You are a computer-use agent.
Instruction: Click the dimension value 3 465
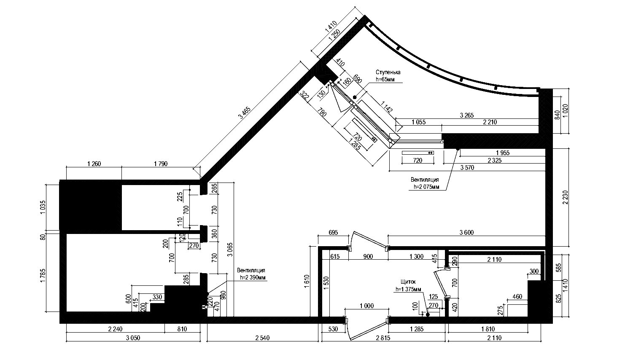pyautogui.click(x=245, y=113)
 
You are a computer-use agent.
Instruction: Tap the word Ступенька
pyautogui.click(x=388, y=72)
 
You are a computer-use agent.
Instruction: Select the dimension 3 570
pyautogui.click(x=467, y=168)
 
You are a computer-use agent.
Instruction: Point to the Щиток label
pyautogui.click(x=408, y=282)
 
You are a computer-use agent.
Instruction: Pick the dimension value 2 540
pyautogui.click(x=262, y=338)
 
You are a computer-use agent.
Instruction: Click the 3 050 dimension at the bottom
pyautogui.click(x=133, y=338)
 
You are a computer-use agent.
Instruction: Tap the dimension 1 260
pyautogui.click(x=94, y=164)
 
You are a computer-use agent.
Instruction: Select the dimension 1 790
pyautogui.click(x=161, y=164)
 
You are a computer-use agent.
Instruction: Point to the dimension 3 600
pyautogui.click(x=466, y=232)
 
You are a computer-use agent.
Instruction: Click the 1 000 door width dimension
pyautogui.click(x=366, y=306)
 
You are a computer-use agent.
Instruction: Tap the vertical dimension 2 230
pyautogui.click(x=565, y=197)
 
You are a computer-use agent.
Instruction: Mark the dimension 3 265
pyautogui.click(x=467, y=115)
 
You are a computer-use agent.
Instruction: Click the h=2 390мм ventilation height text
pyautogui.click(x=253, y=278)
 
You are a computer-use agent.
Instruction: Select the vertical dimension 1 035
pyautogui.click(x=43, y=207)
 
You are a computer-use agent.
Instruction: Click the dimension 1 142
pyautogui.click(x=387, y=107)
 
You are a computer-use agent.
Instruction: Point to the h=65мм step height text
pyautogui.click(x=385, y=79)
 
